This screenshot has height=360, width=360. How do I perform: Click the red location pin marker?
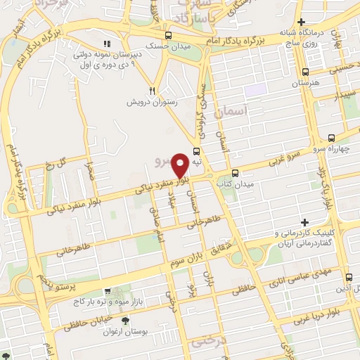[x=180, y=165]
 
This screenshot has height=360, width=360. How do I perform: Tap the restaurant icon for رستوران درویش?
[x=152, y=91]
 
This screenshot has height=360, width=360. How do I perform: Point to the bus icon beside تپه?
[x=196, y=150]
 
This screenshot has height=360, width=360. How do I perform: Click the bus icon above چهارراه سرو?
[x=331, y=139]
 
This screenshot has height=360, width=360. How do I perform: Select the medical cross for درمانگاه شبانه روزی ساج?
[x=301, y=22]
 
